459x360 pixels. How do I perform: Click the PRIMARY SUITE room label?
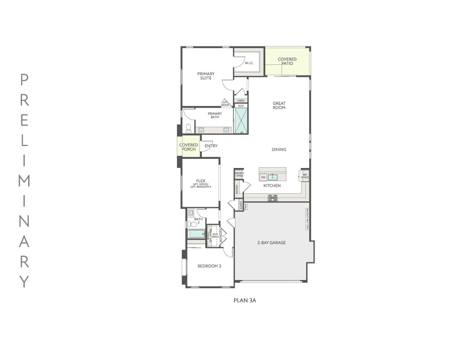tap(206, 76)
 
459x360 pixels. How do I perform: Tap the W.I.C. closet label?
tap(249, 63)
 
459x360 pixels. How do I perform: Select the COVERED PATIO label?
tap(287, 61)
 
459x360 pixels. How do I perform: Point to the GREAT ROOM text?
tap(279, 105)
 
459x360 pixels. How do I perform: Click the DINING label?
tap(279, 149)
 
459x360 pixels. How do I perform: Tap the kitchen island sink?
tap(272, 177)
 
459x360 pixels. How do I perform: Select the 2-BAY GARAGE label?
tap(272, 243)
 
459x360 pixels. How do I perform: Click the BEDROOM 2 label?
tap(209, 266)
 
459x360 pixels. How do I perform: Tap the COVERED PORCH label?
tap(189, 147)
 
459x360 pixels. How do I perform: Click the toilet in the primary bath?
tap(189, 128)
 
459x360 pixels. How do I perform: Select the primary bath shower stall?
tap(241, 121)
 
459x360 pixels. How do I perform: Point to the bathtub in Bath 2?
tap(196, 234)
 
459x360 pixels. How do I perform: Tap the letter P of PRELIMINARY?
tap(24, 79)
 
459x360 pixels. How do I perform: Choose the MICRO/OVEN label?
tap(239, 174)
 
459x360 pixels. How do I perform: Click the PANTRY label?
tap(238, 189)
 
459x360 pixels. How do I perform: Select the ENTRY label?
tap(211, 146)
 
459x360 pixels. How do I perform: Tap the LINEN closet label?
tap(240, 101)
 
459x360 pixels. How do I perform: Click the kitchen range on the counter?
tap(272, 197)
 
